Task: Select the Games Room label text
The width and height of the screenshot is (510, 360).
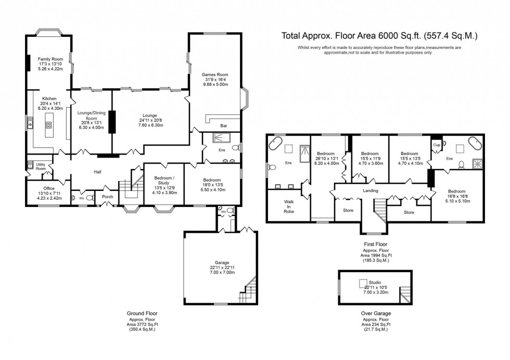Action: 215,74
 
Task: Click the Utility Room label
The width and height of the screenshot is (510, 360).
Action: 41,166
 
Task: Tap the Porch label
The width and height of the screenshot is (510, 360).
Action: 107,197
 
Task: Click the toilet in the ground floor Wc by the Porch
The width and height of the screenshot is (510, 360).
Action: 89,198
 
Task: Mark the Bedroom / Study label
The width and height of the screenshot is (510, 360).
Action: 164,180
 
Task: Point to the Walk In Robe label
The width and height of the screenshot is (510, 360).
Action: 289,207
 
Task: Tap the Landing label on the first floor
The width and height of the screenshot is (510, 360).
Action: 370,190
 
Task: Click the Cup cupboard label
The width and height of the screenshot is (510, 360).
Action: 435,145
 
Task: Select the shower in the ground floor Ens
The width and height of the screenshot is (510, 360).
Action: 215,138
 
